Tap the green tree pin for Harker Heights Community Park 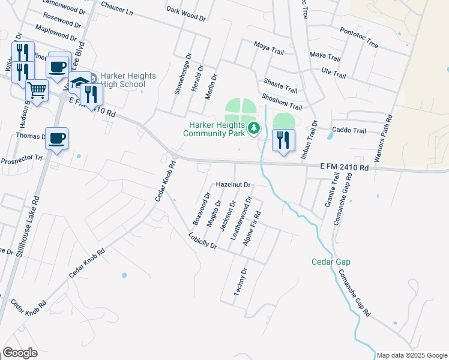(255, 127)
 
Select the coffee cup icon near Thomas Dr (56, 139)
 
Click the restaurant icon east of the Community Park (283, 140)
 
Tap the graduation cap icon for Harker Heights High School (79, 82)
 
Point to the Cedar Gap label (331, 262)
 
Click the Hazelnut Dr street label (233, 185)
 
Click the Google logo (20, 353)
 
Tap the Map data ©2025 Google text (412, 355)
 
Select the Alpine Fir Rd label (252, 228)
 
